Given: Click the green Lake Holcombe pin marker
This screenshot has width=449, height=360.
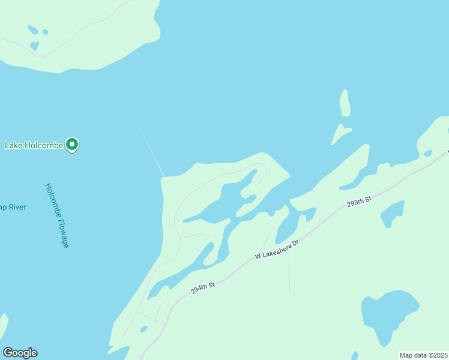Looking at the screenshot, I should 72,145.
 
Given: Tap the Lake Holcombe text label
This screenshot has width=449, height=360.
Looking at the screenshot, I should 34,145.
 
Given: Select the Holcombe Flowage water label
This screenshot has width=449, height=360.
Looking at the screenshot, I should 57,215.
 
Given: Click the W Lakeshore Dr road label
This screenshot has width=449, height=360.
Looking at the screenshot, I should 276,247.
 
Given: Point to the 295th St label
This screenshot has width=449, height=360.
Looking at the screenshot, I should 360,201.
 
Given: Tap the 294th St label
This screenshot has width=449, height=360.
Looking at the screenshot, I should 203,289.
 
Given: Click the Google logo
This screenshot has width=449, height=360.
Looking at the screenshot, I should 20,353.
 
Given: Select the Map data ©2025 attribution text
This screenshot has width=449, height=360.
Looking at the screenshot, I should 423,355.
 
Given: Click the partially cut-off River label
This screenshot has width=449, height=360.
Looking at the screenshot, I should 13,208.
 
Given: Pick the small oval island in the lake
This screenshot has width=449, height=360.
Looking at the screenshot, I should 345,103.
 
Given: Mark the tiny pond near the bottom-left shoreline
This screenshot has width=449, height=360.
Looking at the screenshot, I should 143,329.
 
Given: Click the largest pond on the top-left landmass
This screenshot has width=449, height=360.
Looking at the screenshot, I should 34,46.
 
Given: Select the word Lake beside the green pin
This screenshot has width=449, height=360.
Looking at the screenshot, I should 14,145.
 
